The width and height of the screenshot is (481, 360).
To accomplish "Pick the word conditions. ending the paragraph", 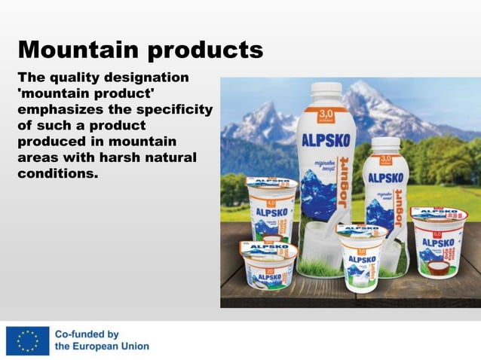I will (59, 174).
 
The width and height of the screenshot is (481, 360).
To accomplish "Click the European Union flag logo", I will (24, 340).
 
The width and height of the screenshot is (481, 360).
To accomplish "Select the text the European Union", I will (101, 347).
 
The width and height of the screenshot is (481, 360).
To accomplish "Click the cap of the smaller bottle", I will (384, 144).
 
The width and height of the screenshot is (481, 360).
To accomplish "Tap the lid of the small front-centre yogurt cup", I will (362, 230).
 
